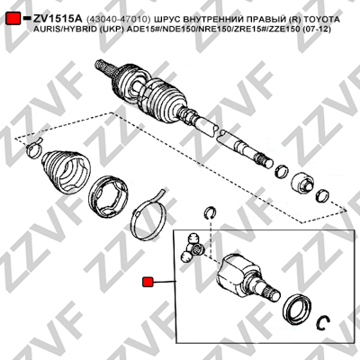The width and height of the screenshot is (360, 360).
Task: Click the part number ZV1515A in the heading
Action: point(58,19)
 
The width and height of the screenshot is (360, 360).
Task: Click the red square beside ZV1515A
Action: point(13,19)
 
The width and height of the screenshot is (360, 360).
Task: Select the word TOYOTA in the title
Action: point(322,20)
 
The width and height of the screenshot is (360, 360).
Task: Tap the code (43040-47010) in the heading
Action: point(119,20)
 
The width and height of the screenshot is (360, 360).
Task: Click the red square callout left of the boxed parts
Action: point(148,282)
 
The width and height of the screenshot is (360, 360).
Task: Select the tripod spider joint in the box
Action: point(193,247)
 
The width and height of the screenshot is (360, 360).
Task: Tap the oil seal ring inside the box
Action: point(297,309)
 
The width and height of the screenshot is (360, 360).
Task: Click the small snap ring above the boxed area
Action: point(210,212)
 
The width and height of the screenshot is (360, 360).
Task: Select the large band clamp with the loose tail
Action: point(148,216)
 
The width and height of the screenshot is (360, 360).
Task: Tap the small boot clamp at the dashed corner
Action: point(33,148)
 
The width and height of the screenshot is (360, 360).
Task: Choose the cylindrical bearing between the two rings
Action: point(301,182)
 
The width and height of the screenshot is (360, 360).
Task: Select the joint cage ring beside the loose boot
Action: point(109,196)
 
